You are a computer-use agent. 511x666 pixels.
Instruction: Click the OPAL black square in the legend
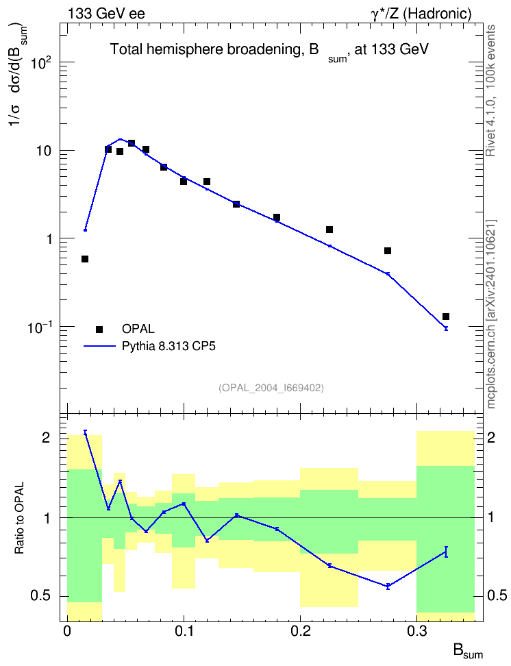click(99, 329)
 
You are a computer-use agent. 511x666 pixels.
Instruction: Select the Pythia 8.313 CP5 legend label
click(169, 346)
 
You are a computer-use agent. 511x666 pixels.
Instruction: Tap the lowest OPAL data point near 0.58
click(85, 259)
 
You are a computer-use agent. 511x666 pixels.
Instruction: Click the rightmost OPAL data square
click(446, 317)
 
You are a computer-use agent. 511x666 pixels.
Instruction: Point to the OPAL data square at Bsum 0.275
click(388, 251)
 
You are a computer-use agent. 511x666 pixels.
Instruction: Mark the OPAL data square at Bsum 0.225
click(329, 230)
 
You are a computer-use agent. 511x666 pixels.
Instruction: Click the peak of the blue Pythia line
click(120, 139)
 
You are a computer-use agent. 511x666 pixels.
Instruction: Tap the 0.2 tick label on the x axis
click(300, 631)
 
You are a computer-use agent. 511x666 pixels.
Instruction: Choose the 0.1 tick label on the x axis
click(184, 631)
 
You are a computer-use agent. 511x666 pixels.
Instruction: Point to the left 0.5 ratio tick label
click(40, 596)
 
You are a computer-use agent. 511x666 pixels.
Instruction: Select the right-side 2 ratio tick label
click(491, 437)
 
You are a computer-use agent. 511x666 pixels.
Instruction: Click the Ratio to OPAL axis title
click(19, 518)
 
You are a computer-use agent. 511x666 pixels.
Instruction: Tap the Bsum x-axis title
click(468, 652)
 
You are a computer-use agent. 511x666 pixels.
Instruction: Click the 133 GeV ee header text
click(106, 14)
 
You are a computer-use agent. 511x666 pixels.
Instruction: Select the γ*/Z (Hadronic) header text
click(421, 14)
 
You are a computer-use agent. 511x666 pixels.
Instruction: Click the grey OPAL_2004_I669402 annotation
click(271, 388)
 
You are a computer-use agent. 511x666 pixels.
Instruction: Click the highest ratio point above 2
click(85, 432)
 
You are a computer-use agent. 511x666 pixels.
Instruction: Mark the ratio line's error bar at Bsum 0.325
click(446, 552)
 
